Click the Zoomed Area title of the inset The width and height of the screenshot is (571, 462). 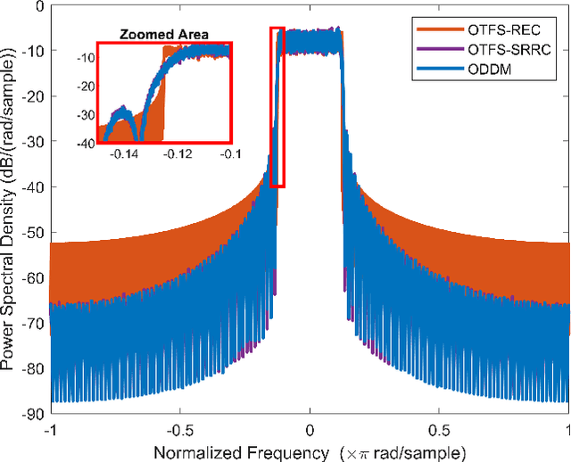click(x=164, y=35)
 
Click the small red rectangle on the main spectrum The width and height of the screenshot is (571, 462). click(x=277, y=107)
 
